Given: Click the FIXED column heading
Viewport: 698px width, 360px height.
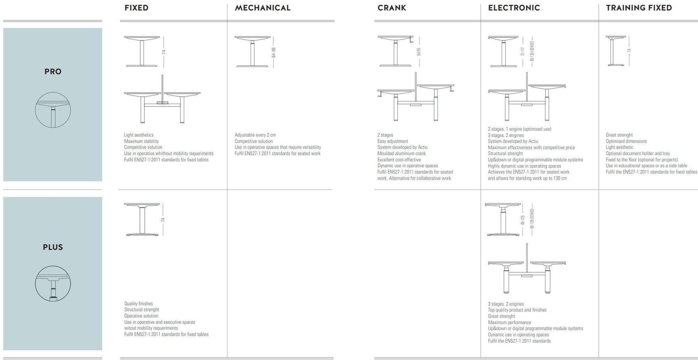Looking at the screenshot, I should pos(136,8).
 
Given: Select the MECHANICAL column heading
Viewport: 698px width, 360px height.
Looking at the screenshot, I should pos(262,8).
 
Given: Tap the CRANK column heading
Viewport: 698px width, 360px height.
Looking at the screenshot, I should pos(392,8).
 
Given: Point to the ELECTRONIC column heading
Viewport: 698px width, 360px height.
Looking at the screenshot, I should pos(514,8).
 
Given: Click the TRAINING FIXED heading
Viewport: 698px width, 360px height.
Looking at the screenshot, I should pos(639,8).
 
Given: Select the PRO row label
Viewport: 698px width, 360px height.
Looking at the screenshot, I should pos(53,72).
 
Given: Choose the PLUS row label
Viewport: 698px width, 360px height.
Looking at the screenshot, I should pos(53,247).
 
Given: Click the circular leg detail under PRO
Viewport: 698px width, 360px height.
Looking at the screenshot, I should pos(53,110).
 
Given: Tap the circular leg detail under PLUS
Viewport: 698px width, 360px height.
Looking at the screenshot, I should pos(53,284).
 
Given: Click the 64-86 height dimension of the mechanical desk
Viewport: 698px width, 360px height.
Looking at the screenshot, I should pos(274,52).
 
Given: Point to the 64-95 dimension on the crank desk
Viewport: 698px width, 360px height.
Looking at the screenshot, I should pos(419,52).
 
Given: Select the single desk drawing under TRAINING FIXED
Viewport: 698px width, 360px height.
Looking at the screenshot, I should pos(616,51).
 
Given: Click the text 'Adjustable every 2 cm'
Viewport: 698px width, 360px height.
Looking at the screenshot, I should pos(255,135).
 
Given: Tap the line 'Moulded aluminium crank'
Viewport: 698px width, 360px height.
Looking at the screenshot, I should pos(401,154).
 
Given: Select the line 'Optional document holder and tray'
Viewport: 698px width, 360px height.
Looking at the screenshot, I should pos(638,154).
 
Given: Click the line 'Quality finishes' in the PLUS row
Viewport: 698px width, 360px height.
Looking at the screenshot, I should pos(139,304).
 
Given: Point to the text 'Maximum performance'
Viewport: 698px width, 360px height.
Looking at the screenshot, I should pos(509,323).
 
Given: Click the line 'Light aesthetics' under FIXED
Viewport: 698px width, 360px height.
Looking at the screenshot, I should pos(139,135).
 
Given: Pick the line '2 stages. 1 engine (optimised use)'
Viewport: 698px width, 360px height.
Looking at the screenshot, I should pos(519,129).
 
